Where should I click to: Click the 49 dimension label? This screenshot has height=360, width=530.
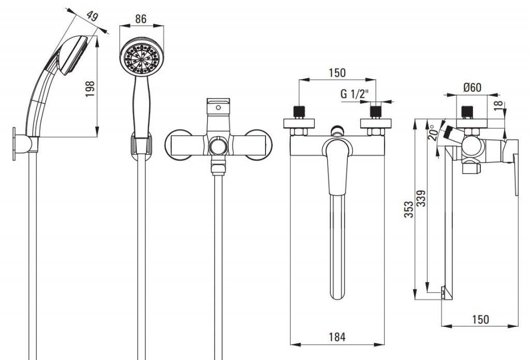point(93,16)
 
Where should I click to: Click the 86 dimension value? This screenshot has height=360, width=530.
point(141,19)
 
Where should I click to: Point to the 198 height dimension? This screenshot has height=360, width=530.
point(90,89)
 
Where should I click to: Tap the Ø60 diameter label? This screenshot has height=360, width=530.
point(472,88)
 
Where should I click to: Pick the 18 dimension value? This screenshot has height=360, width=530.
point(498,106)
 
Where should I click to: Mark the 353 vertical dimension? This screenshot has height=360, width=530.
point(409,209)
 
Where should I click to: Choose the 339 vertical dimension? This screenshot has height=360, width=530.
point(421,198)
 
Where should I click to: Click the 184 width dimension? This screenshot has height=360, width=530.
point(337,337)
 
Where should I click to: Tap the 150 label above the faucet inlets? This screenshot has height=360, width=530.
point(337,73)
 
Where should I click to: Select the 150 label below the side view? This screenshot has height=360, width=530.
point(480,319)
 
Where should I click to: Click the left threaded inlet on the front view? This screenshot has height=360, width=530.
point(299,112)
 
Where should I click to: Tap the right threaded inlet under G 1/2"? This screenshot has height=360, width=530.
point(376,112)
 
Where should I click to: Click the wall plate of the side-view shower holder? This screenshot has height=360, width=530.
point(14,143)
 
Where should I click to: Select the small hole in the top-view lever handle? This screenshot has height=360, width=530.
point(218,108)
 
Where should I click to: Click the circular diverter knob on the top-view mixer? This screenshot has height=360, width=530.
point(218,147)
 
